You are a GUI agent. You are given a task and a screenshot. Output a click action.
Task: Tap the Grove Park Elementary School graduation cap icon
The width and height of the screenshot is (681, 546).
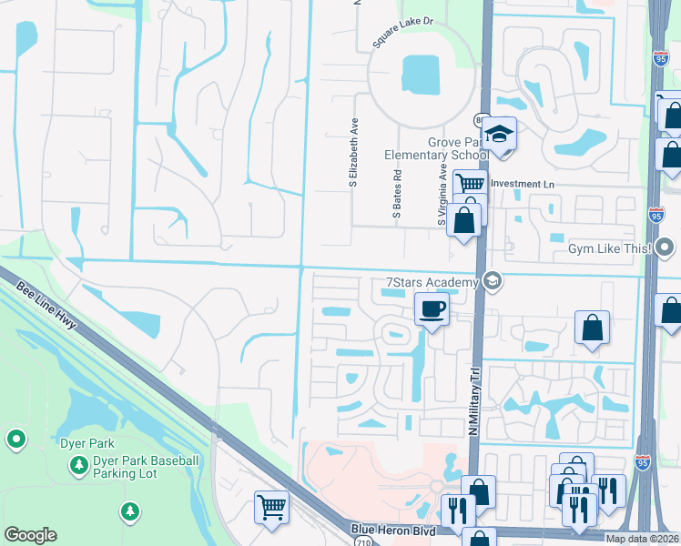coord(498,135)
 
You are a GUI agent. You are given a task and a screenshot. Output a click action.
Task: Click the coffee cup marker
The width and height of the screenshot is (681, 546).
coord(432,308)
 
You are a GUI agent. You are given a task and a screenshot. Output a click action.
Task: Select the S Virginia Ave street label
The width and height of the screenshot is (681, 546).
coord(442,196)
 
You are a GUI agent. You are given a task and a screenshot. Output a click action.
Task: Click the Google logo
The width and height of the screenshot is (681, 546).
coord(30,535)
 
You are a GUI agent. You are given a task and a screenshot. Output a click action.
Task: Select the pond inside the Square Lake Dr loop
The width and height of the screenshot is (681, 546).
coord(420,72)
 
